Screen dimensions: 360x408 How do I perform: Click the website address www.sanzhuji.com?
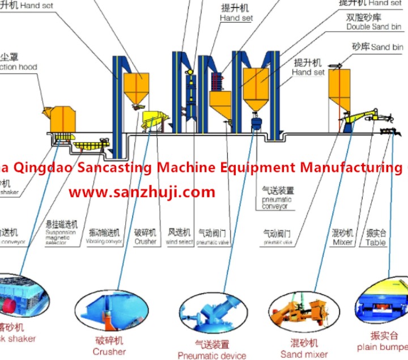(142, 192)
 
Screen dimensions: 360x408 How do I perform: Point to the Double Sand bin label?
(373, 27)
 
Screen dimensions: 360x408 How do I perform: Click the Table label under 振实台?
(376, 242)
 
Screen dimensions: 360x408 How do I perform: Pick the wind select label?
(180, 242)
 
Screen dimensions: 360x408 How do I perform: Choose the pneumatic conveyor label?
(277, 204)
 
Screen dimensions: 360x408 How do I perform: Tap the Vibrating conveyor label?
(104, 242)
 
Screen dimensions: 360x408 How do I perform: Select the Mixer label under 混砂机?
(342, 242)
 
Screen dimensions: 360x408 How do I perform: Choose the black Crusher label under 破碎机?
(145, 242)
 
